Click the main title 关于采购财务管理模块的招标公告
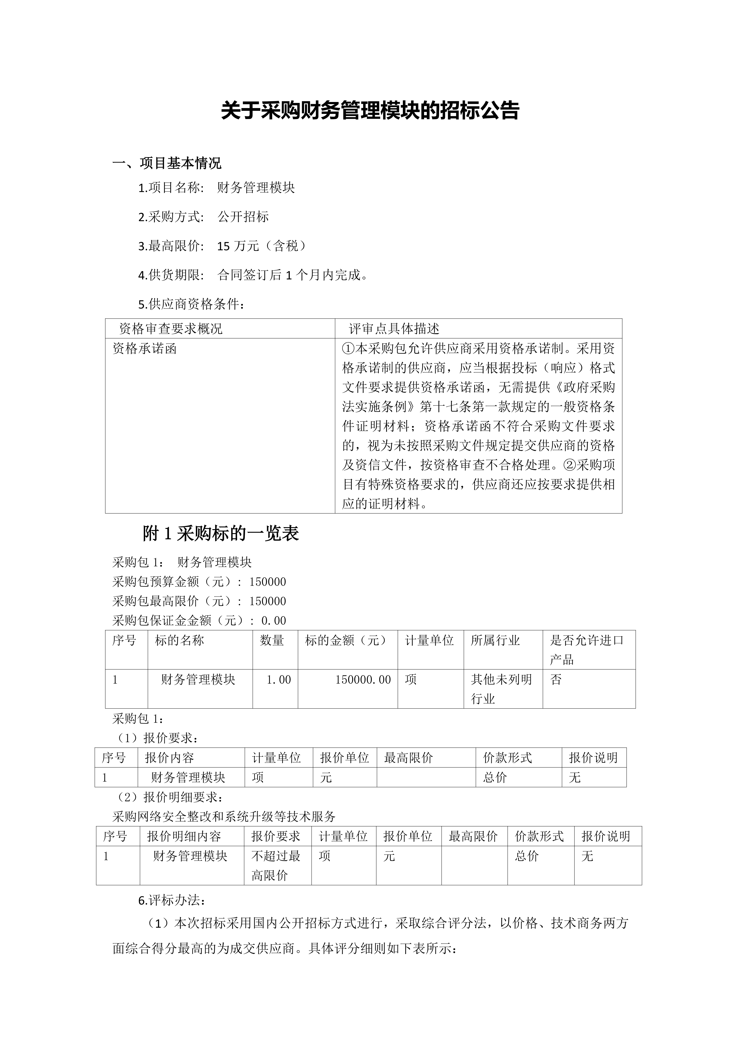point(370,111)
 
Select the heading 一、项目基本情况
point(167,163)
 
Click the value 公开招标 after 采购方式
point(243,217)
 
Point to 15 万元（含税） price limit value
point(262,246)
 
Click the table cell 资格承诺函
point(145,349)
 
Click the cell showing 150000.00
point(363,680)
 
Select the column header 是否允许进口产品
point(586,650)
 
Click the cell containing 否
point(556,680)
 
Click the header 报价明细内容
point(184,836)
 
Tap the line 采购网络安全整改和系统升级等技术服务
point(224,817)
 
